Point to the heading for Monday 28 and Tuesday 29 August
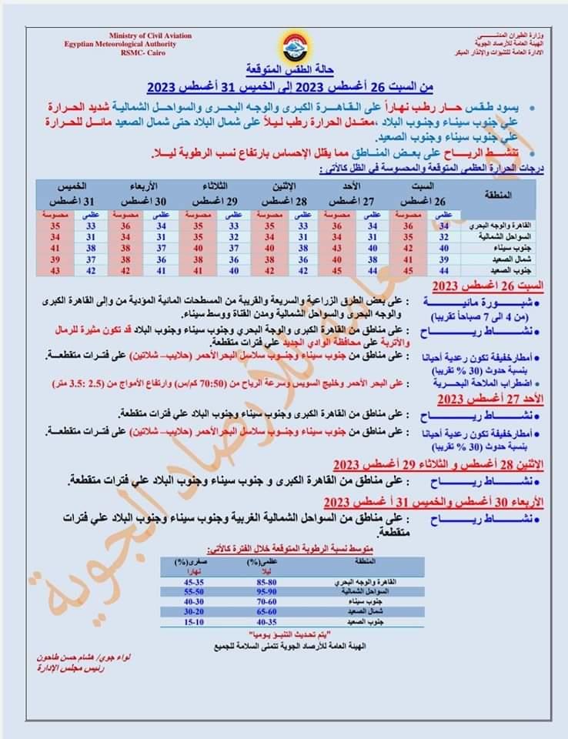coord(439,464)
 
